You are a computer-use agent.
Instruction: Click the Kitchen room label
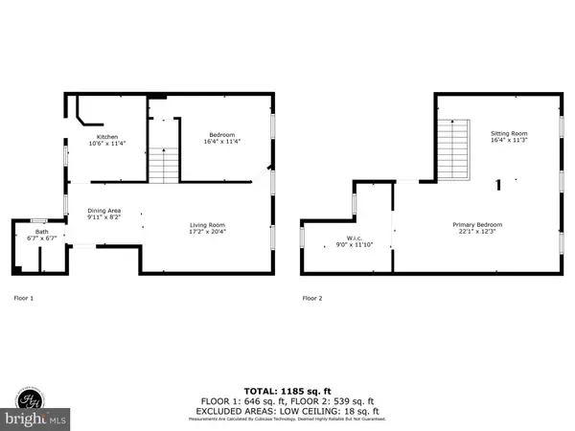tap(106, 137)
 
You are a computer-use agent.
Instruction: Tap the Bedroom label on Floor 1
tap(222, 135)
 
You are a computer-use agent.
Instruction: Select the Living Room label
tap(207, 225)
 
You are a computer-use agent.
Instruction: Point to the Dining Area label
tap(103, 211)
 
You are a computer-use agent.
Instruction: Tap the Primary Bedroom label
tap(477, 225)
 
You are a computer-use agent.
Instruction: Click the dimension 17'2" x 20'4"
tap(207, 232)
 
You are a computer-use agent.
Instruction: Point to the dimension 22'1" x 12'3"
tap(477, 232)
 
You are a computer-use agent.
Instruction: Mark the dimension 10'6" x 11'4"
tap(106, 144)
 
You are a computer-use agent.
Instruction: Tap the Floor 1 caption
tap(23, 298)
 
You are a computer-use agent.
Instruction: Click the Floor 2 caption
tap(312, 298)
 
